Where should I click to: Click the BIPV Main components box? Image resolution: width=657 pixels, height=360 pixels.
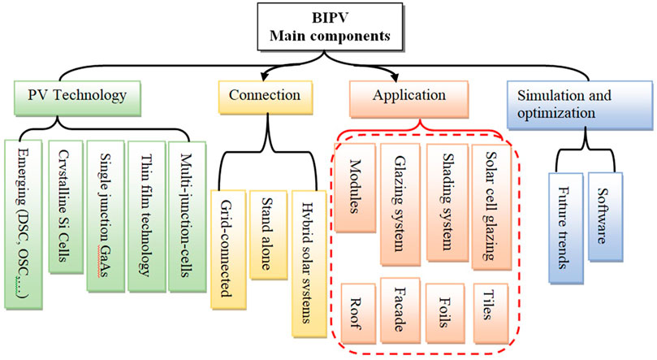(x=328, y=26)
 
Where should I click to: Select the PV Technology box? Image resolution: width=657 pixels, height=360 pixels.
(x=76, y=96)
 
